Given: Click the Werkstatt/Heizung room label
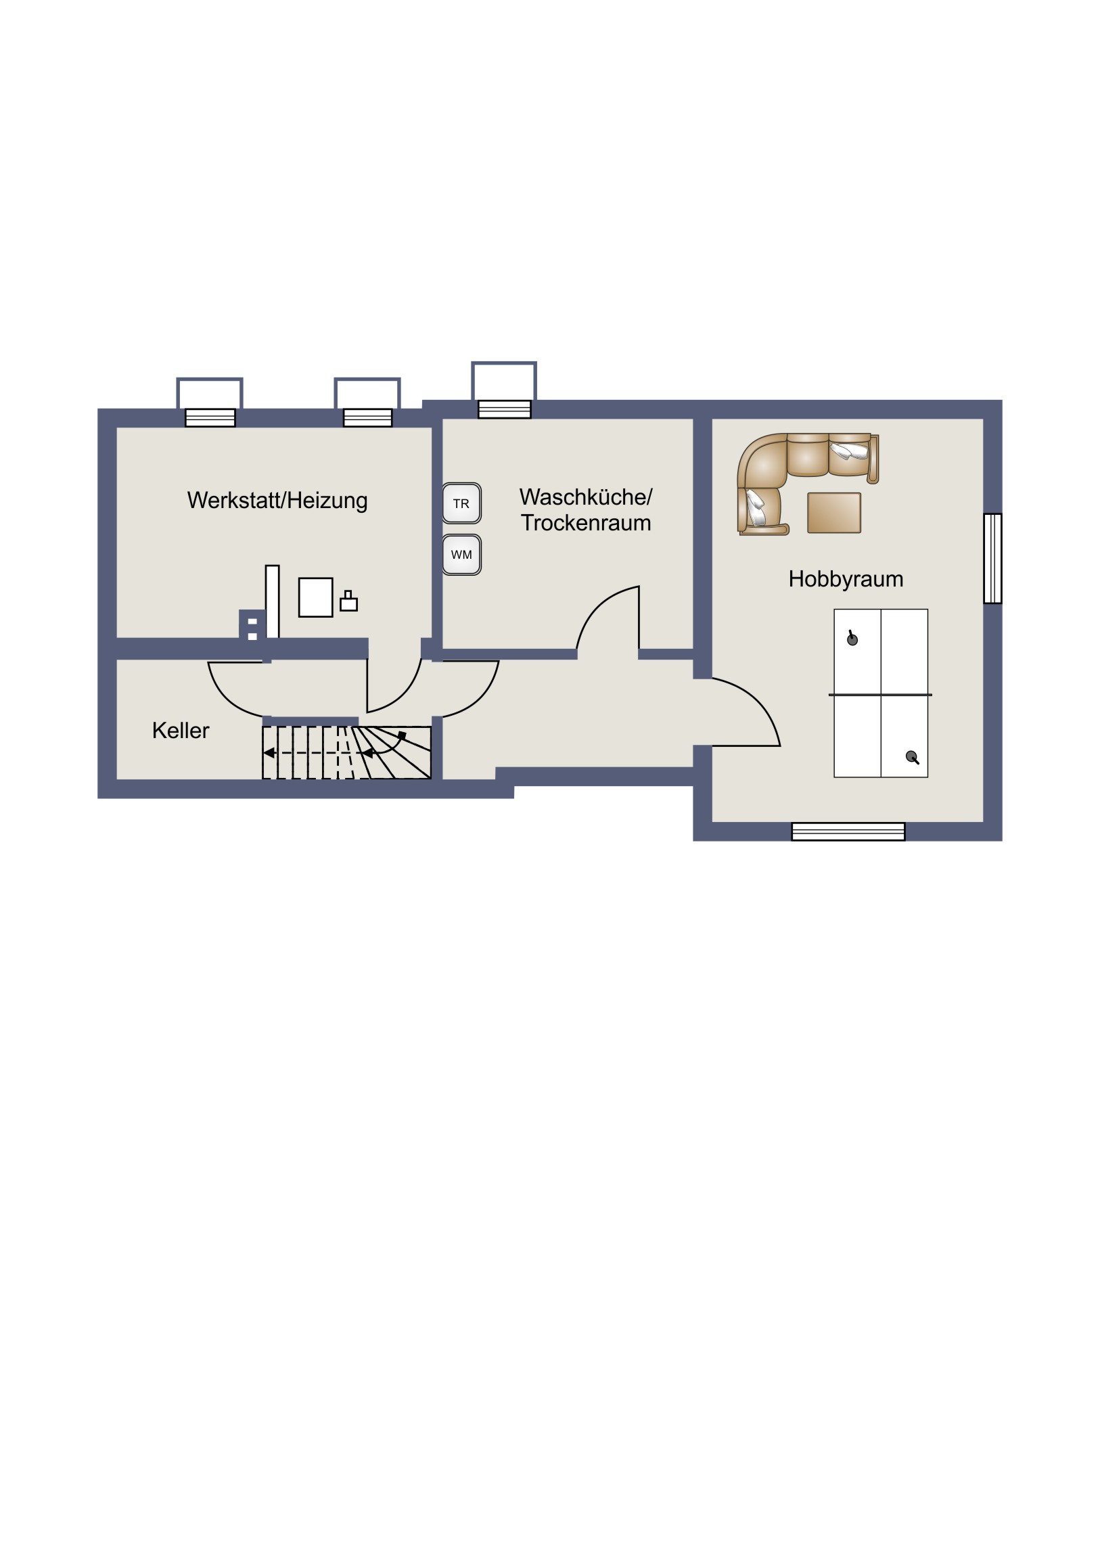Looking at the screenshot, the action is point(277,501).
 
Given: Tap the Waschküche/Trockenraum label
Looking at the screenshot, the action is point(586,509).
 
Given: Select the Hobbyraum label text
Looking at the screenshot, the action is point(846,579).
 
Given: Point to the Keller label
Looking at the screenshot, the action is point(180,731).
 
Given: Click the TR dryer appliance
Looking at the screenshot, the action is point(461,503).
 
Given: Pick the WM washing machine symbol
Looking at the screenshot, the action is point(461,555).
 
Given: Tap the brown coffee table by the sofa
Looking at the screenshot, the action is point(834,513).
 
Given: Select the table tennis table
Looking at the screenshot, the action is point(880,693).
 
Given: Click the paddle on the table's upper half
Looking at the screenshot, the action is point(852,639).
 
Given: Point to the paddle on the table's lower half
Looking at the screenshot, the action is point(912,758).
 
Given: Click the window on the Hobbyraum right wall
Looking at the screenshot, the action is point(993,558).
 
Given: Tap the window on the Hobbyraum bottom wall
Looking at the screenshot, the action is point(848,831).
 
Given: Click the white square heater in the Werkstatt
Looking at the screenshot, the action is point(316,597).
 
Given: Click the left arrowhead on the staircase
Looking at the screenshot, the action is point(269,753).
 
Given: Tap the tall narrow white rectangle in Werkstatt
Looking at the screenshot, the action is point(273,602).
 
